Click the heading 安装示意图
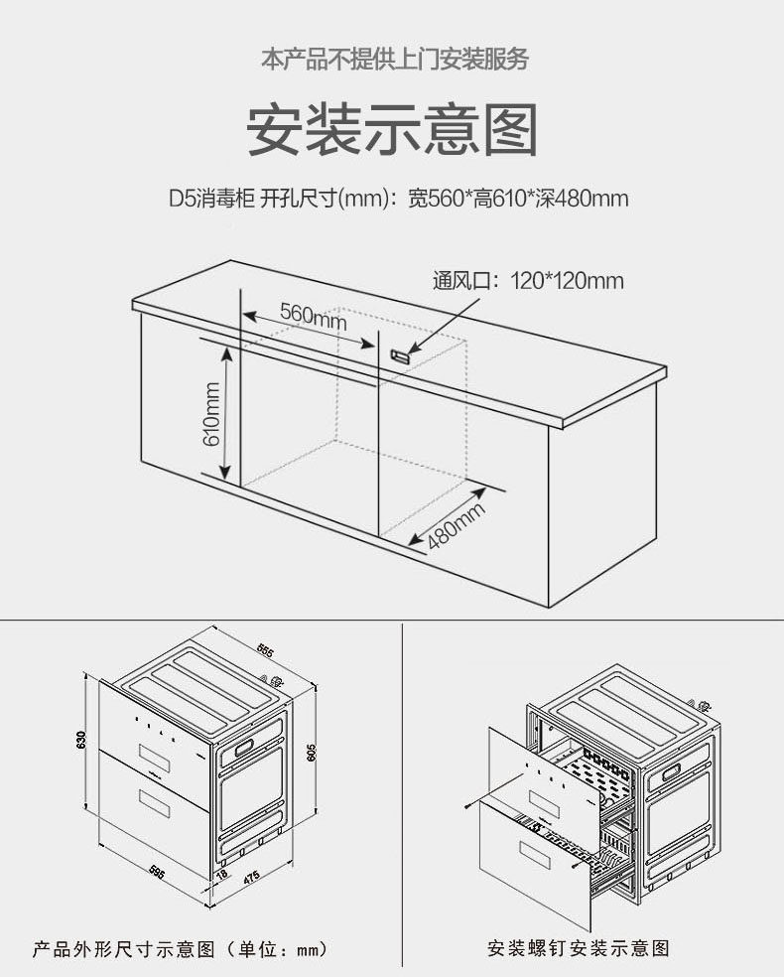pyautogui.click(x=392, y=130)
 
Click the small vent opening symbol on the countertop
pyautogui.click(x=400, y=353)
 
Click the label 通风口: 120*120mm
pyautogui.click(x=528, y=281)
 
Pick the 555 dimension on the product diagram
pyautogui.click(x=264, y=651)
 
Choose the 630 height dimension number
pyautogui.click(x=82, y=741)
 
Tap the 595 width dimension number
pyautogui.click(x=156, y=871)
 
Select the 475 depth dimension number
pyautogui.click(x=252, y=877)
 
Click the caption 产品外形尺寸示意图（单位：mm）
pyautogui.click(x=180, y=949)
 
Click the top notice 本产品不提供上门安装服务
pyautogui.click(x=394, y=59)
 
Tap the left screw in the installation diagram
pyautogui.click(x=470, y=802)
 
